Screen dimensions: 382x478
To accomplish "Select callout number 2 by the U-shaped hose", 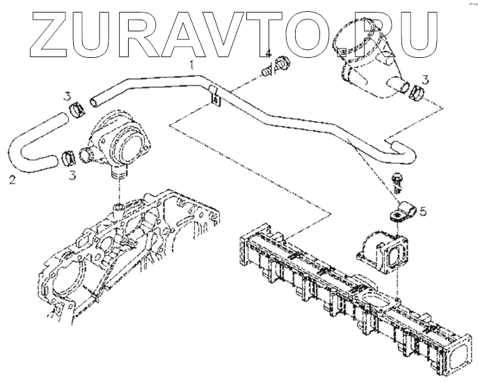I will (x=13, y=181).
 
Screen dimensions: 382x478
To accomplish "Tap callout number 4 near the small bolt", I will (x=267, y=54).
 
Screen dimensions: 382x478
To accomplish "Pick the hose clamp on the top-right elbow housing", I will (x=417, y=92).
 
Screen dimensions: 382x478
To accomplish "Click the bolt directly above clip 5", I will (x=398, y=180).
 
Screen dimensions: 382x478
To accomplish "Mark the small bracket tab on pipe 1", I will (x=214, y=98).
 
